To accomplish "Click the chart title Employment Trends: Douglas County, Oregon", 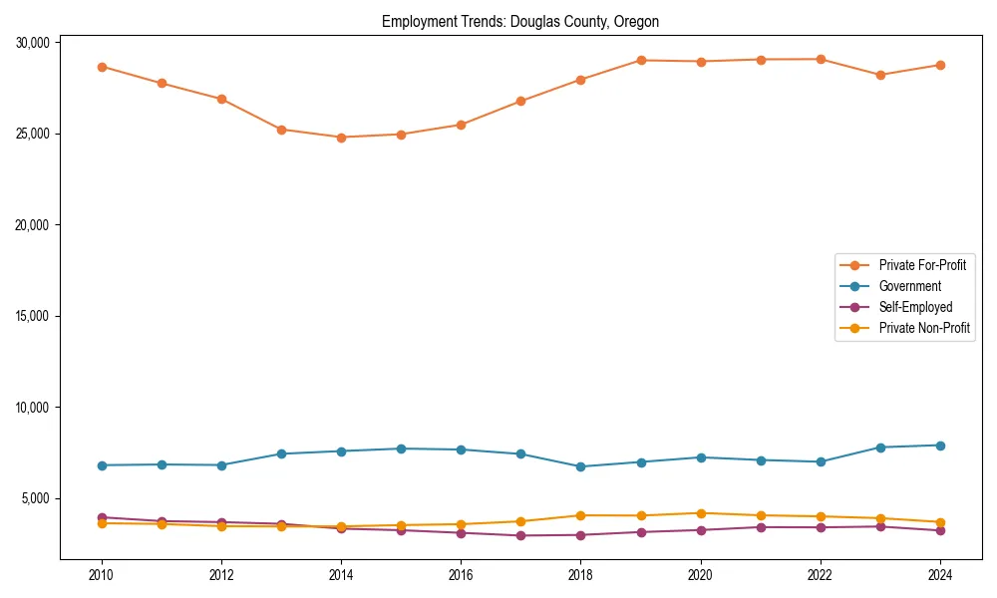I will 520,21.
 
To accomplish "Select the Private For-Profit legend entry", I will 916,265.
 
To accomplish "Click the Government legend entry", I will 909,286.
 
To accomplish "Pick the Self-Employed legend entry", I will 915,307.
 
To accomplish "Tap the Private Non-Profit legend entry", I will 924,328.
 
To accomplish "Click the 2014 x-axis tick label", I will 341,575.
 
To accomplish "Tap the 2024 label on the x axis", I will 939,575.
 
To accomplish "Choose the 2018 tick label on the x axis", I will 580,575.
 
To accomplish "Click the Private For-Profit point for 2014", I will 341,138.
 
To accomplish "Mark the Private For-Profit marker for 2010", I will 102,67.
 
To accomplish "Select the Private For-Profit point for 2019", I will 640,61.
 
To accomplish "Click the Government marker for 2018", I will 580,466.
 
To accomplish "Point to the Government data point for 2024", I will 939,446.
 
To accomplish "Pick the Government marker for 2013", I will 281,454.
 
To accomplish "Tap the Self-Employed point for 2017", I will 520,536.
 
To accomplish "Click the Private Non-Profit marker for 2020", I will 700,513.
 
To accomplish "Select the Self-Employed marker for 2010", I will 102,517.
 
